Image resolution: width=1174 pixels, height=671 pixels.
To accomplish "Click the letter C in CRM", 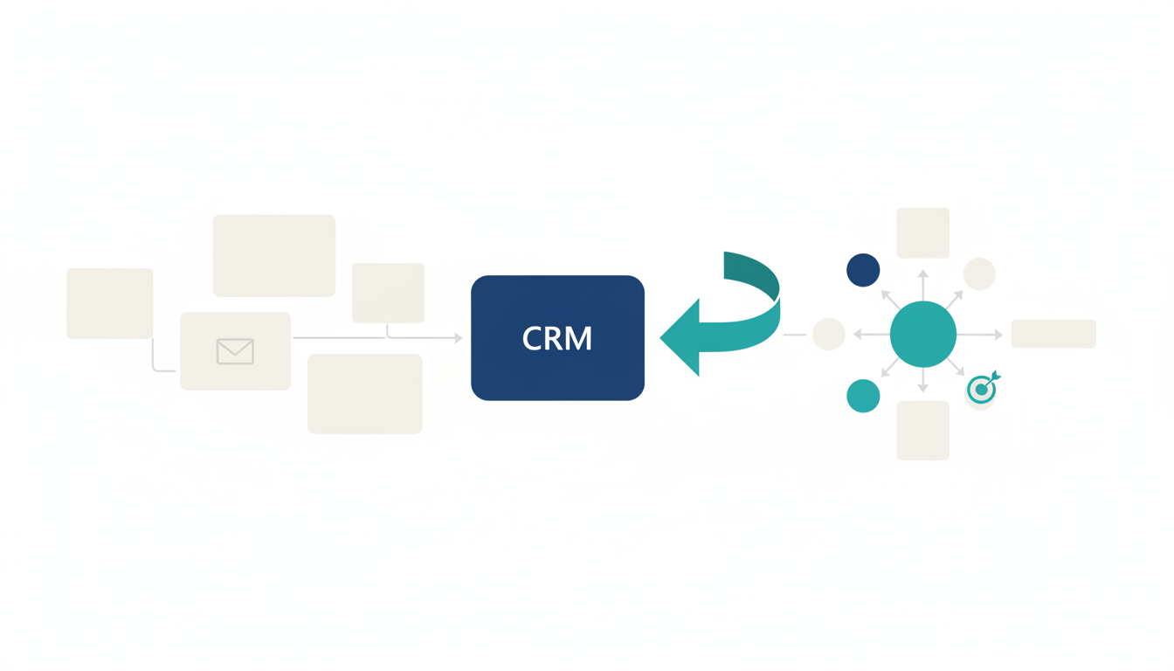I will [x=532, y=339].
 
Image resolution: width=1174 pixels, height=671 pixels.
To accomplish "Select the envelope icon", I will [x=235, y=351].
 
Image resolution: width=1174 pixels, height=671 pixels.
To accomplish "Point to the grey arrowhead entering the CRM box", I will [x=459, y=338].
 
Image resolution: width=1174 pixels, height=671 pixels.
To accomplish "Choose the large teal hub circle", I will [x=922, y=335].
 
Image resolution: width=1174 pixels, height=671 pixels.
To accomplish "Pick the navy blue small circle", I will [x=863, y=270].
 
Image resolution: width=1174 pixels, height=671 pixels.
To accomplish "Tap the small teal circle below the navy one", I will [x=863, y=396].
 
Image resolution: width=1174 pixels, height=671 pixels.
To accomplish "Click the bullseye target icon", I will [x=982, y=390].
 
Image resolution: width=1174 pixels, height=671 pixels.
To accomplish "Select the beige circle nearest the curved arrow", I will [x=828, y=335].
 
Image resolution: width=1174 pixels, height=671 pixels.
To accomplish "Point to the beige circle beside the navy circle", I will [x=979, y=273].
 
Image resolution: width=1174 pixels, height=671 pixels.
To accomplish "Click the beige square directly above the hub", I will [x=922, y=232].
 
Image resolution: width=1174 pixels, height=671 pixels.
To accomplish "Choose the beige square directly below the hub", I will [x=922, y=431].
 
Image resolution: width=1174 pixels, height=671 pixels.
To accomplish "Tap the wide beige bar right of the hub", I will [x=1053, y=334].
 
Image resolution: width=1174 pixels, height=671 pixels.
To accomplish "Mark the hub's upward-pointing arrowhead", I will [x=922, y=274].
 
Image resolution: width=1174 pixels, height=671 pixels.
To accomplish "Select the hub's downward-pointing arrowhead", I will [x=922, y=388].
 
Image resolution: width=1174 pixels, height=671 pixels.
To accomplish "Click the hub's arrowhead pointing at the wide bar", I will [x=998, y=335].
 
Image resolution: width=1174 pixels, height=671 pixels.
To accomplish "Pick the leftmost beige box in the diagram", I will [x=110, y=303].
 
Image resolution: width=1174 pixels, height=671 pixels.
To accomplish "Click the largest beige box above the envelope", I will [x=274, y=255].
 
